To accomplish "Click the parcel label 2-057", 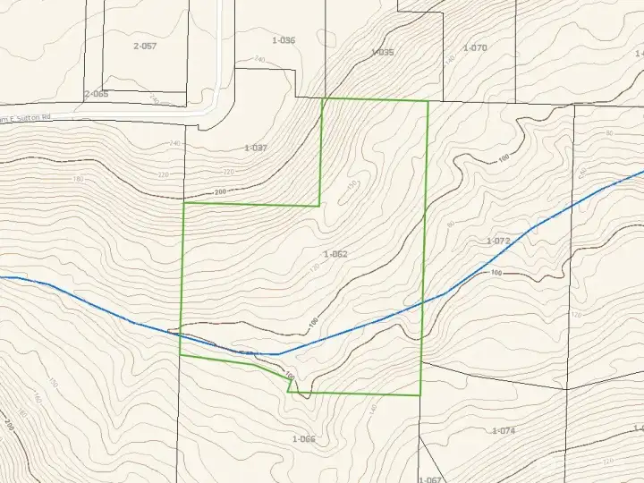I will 144,46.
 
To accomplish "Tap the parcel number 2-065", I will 96,94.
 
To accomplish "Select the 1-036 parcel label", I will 284,41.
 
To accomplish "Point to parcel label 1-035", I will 382,53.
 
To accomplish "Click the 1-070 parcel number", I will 475,47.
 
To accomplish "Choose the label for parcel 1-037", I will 256,148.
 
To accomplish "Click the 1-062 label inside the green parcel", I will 335,254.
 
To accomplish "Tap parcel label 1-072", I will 498,241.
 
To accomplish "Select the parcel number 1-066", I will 304,438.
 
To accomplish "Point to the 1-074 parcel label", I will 504,431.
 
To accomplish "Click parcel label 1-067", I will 430,479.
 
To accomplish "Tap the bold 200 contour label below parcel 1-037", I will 221,192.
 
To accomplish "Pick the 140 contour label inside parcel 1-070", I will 450,59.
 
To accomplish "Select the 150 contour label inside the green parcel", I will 352,184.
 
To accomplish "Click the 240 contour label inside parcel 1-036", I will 260,59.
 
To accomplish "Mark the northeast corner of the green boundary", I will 428,101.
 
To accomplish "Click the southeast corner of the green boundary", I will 420,394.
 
